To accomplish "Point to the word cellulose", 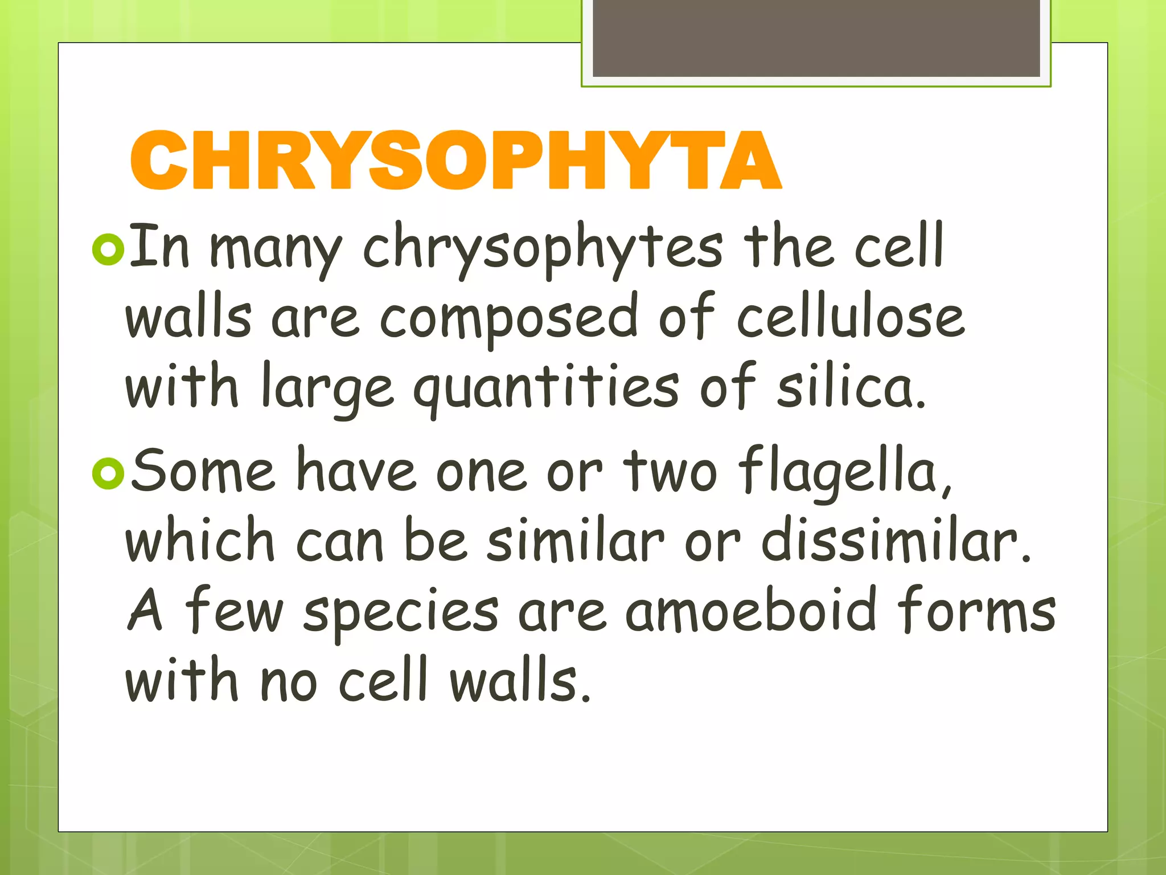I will coord(851,317).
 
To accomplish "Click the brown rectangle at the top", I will coord(816,38).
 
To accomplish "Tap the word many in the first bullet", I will coord(276,251).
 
